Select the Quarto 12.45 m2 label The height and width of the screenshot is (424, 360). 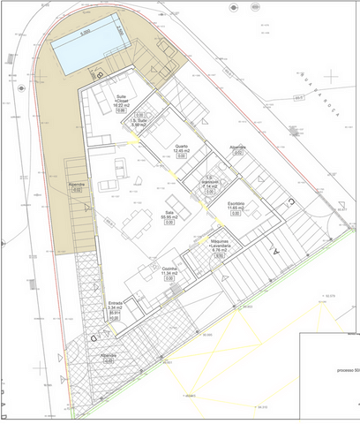(182, 150)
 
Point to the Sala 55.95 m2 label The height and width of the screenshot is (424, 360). (169, 215)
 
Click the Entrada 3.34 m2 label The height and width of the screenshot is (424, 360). (115, 306)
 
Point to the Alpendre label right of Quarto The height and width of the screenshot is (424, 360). (237, 147)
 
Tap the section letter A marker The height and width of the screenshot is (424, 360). (275, 251)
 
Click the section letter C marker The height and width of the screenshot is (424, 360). (292, 202)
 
